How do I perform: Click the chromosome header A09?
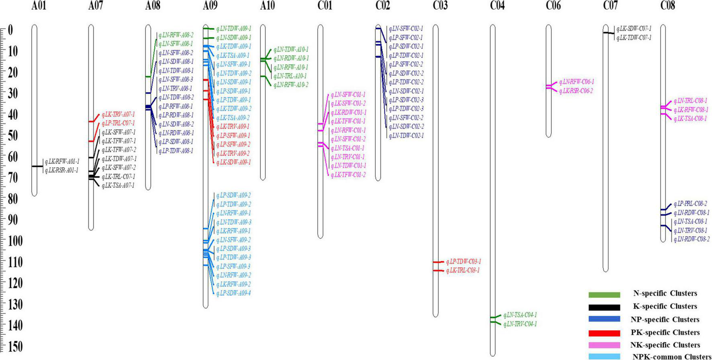(210, 6)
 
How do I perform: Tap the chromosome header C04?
(497, 6)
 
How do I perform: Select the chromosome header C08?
(668, 6)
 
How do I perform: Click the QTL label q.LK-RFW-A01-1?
(62, 162)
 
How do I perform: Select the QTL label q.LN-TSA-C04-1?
(520, 315)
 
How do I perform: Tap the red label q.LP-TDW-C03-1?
(463, 262)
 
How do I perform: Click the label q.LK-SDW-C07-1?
(634, 29)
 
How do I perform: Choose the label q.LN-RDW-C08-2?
(691, 239)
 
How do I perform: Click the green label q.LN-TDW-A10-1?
(291, 49)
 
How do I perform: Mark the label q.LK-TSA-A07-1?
(118, 186)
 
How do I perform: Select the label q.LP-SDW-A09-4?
(233, 293)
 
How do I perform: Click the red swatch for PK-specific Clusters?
(604, 333)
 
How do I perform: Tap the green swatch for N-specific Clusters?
(604, 295)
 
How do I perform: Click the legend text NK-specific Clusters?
(665, 345)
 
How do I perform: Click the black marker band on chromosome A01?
(37, 166)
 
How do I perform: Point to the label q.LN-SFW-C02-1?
(406, 29)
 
